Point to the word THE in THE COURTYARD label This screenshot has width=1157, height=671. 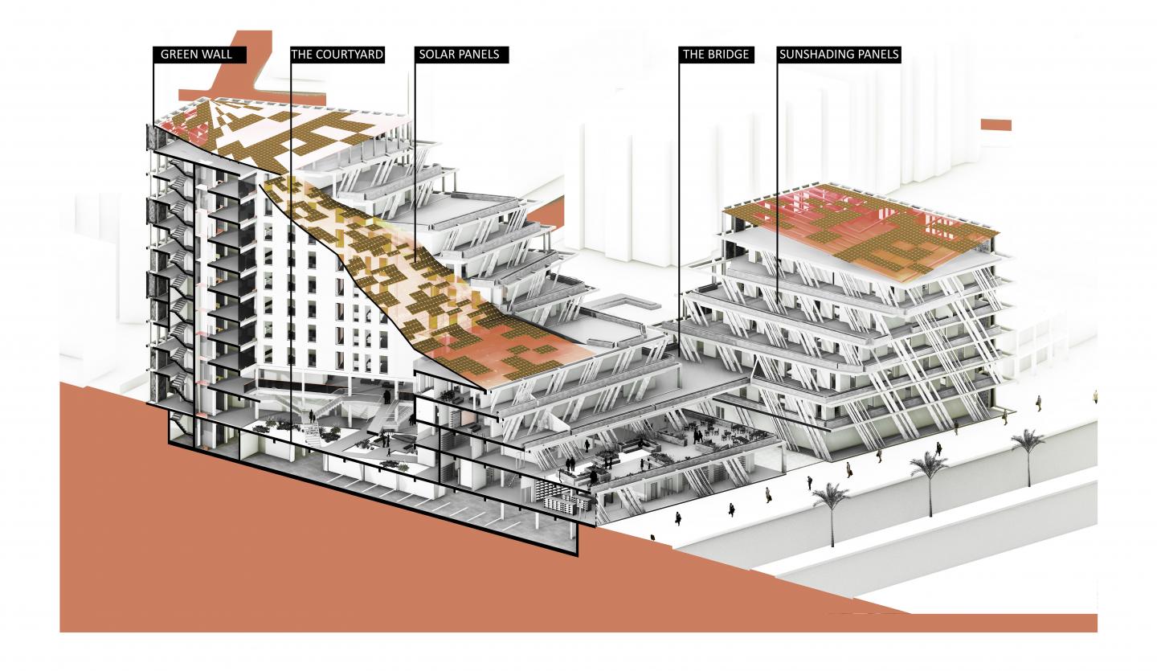coord(301,54)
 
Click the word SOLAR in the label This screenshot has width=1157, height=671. coord(435,54)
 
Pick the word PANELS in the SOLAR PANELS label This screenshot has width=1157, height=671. coord(477,54)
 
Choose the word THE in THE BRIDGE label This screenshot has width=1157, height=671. coord(693,54)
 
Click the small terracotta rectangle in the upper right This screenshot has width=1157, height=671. coord(996,125)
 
